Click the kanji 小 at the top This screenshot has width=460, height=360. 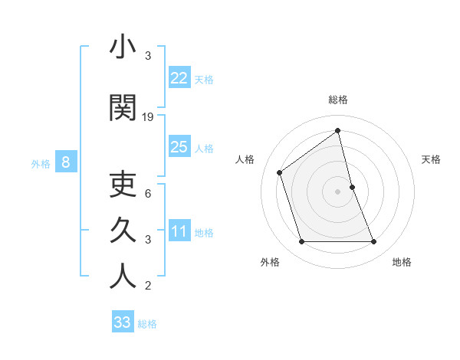pyautogui.click(x=123, y=47)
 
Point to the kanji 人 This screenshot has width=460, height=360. pyautogui.click(x=123, y=275)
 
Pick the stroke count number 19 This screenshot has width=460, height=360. pyautogui.click(x=148, y=116)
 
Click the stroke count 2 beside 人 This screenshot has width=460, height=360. pyautogui.click(x=148, y=286)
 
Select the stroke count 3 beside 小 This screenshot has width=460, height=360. pyautogui.click(x=148, y=56)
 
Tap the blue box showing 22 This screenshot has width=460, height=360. pyautogui.click(x=179, y=77)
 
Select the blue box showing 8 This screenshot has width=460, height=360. pyautogui.click(x=66, y=162)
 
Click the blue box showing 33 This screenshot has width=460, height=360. pyautogui.click(x=123, y=322)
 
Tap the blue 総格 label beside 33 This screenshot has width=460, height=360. pyautogui.click(x=147, y=324)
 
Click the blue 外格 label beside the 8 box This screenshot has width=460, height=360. pyautogui.click(x=41, y=163)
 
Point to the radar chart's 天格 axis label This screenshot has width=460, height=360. pyautogui.click(x=431, y=159)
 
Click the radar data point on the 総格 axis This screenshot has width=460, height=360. pyautogui.click(x=337, y=130)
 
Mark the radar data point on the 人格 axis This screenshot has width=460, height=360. pyautogui.click(x=280, y=172)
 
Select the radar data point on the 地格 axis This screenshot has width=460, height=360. pyautogui.click(x=374, y=242)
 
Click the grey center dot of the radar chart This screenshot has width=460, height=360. pyautogui.click(x=337, y=191)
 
